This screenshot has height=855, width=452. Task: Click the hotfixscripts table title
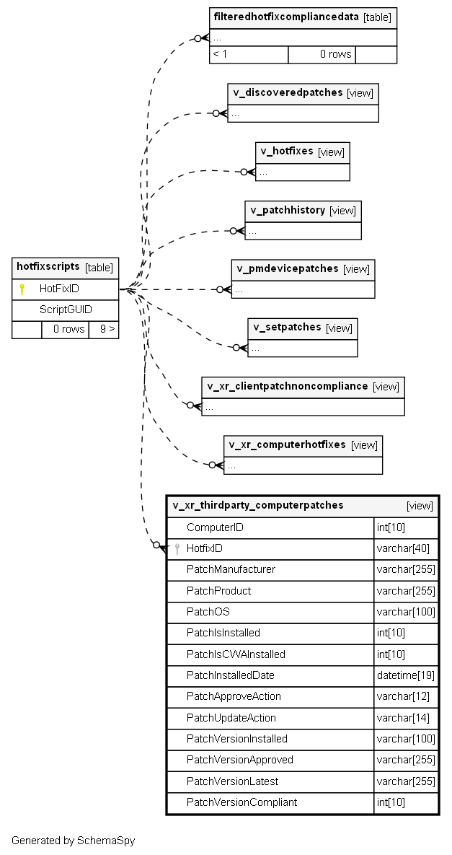(x=48, y=267)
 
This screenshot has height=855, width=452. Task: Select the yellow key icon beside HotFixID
(x=22, y=289)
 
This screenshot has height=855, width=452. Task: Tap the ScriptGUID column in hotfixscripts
(x=66, y=310)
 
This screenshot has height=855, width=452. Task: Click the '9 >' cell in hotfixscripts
(x=104, y=329)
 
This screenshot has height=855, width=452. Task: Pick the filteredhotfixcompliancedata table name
(x=286, y=17)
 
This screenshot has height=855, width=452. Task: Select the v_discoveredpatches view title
(x=288, y=92)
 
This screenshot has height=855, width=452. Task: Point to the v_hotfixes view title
(x=287, y=151)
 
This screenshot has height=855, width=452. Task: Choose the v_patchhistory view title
(x=288, y=210)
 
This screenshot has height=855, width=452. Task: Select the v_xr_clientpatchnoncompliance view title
(x=288, y=386)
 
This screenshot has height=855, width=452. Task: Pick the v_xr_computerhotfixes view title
(x=287, y=444)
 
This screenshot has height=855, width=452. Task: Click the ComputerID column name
(x=215, y=527)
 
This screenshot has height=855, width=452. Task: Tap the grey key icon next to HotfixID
(x=177, y=549)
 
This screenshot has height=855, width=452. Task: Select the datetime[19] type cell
(x=406, y=675)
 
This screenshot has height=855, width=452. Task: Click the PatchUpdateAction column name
(x=231, y=718)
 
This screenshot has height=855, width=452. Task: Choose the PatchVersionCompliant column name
(x=241, y=802)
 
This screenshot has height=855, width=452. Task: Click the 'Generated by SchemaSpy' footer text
(x=73, y=841)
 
